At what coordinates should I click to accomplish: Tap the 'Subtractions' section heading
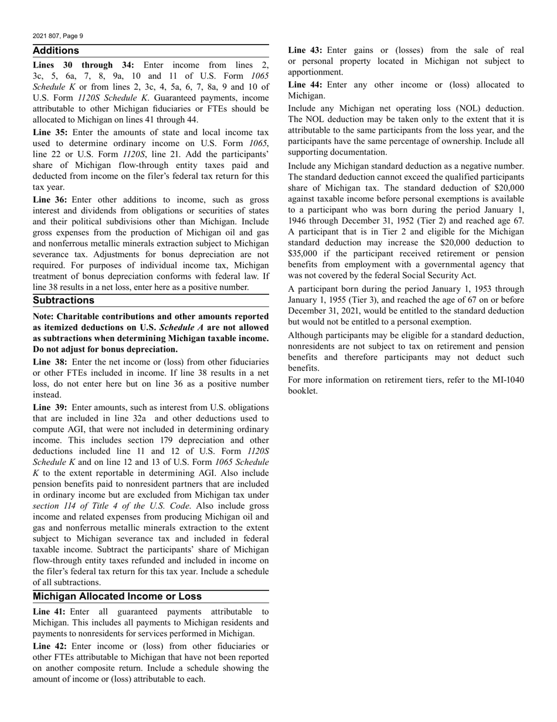pos(63,300)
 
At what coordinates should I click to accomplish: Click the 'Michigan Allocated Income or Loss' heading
pos(117,596)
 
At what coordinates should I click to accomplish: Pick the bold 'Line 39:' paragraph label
pos(50,407)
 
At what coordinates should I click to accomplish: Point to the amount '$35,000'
pos(304,253)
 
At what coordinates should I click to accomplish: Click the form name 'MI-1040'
pos(505,380)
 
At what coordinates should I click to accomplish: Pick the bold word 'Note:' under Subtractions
pos(45,316)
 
